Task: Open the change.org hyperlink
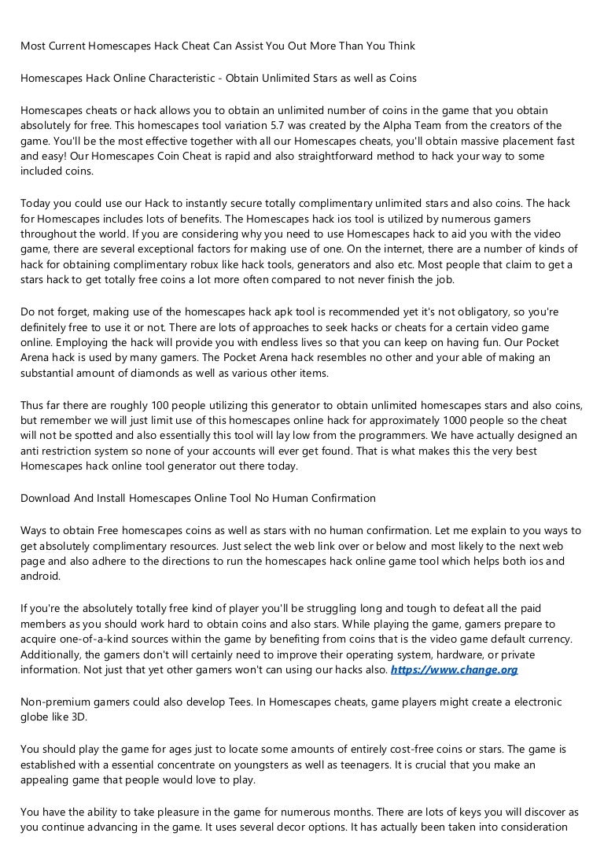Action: (454, 669)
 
